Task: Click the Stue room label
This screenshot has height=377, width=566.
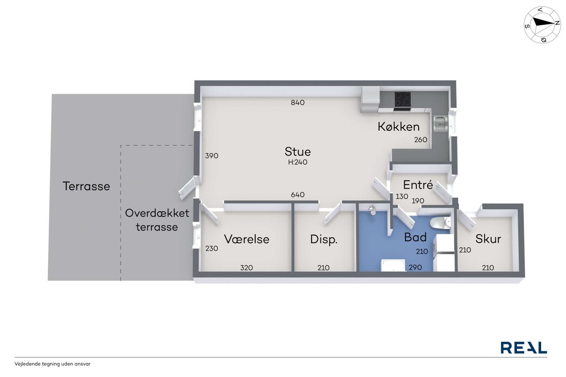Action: pyautogui.click(x=298, y=152)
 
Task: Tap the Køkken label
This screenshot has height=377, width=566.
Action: pyautogui.click(x=398, y=127)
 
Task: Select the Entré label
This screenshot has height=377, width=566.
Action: pyautogui.click(x=418, y=185)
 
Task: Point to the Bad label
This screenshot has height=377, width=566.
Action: pyautogui.click(x=415, y=237)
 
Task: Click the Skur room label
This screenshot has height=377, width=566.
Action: pyautogui.click(x=488, y=239)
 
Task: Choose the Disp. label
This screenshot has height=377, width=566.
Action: pyautogui.click(x=324, y=240)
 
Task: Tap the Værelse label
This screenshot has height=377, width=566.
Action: pyautogui.click(x=247, y=239)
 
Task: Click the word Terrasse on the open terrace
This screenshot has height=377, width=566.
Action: pyautogui.click(x=86, y=187)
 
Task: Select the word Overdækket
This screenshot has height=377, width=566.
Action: pyautogui.click(x=157, y=213)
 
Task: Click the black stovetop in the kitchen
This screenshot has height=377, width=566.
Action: pyautogui.click(x=402, y=99)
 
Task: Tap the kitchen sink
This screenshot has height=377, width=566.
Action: pyautogui.click(x=441, y=123)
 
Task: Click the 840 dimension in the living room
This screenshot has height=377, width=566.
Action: pyautogui.click(x=298, y=103)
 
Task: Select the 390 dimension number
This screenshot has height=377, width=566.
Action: pyautogui.click(x=211, y=156)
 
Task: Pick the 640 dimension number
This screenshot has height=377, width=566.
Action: pyautogui.click(x=298, y=194)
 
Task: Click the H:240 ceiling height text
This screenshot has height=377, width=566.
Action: pyautogui.click(x=298, y=162)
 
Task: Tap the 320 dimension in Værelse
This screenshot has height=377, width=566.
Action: pyautogui.click(x=246, y=268)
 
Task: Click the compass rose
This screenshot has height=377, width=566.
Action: pyautogui.click(x=542, y=25)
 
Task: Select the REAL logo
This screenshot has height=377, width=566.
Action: pyautogui.click(x=524, y=348)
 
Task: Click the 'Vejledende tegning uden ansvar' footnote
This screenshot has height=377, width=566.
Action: pyautogui.click(x=52, y=364)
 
